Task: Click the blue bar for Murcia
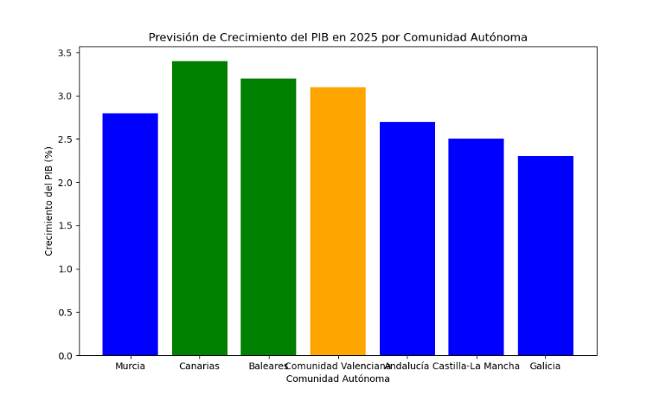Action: pyautogui.click(x=130, y=234)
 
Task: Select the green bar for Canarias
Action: pyautogui.click(x=199, y=208)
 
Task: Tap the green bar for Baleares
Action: pyautogui.click(x=268, y=217)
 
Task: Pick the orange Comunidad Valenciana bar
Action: pyautogui.click(x=337, y=221)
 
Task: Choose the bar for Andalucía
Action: pyautogui.click(x=407, y=238)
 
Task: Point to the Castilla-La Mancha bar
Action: pyautogui.click(x=476, y=247)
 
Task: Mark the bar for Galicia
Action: pyautogui.click(x=545, y=256)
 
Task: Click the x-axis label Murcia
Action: pyautogui.click(x=130, y=366)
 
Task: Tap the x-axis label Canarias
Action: pyautogui.click(x=199, y=366)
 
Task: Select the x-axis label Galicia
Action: pyautogui.click(x=545, y=366)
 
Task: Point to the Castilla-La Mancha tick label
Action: pyautogui.click(x=477, y=366)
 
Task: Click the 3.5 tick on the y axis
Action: pyautogui.click(x=65, y=53)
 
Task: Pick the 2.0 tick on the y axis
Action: pyautogui.click(x=65, y=183)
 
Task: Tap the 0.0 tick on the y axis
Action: pyautogui.click(x=65, y=356)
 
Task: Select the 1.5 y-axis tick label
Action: pyautogui.click(x=65, y=226)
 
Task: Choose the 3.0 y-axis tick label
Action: pyautogui.click(x=65, y=96)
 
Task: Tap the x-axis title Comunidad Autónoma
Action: pyautogui.click(x=337, y=379)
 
